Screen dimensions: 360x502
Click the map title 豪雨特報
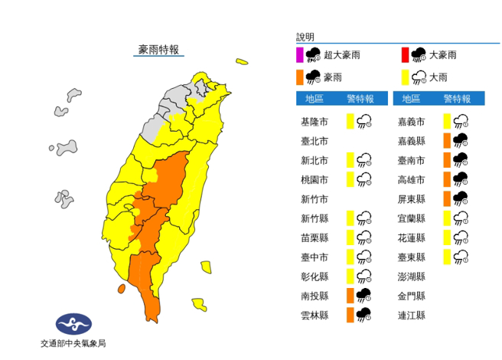158,50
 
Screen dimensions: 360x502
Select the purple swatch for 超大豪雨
301,54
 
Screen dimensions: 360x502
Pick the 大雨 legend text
439,77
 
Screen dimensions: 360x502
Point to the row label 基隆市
316,121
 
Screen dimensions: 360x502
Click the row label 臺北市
316,141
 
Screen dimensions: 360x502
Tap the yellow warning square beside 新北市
350,160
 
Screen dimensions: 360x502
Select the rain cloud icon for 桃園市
364,179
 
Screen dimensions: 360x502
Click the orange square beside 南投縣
350,296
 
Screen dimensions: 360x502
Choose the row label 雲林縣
316,315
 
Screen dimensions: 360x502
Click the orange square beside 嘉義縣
445,141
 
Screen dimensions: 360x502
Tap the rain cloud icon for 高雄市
461,179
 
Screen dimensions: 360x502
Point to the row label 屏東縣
412,198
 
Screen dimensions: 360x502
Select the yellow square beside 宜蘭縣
445,218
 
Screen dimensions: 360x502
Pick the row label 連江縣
412,315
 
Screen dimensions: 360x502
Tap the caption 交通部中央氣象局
73,344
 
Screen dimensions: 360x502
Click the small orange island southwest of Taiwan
121,289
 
